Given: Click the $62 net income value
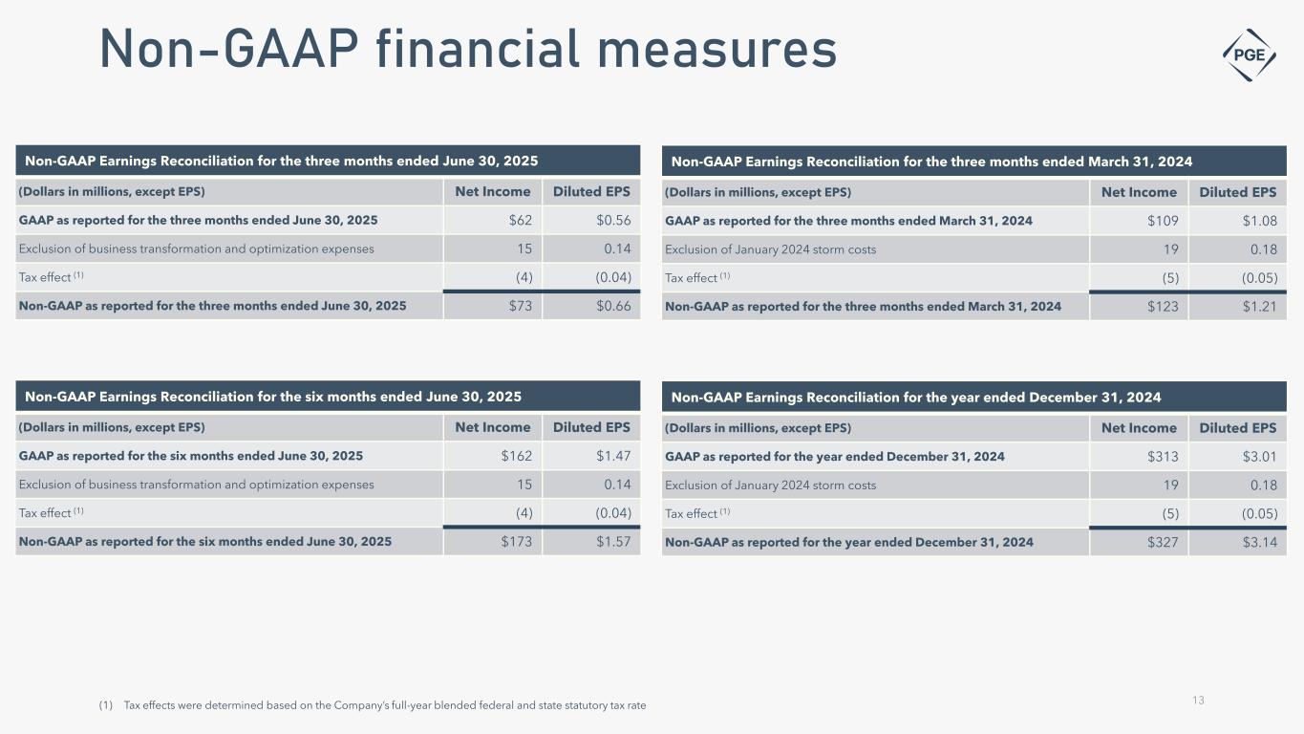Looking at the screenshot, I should pos(521,221).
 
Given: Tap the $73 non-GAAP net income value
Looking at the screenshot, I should pos(521,307).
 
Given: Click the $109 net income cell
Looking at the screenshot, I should pos(1163,221).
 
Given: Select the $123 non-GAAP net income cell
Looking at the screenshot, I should pos(1163,307).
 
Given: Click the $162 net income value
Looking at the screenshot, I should pos(517,456).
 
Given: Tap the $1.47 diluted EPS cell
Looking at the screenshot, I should pos(613,456).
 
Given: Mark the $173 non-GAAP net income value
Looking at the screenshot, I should pos(517,542).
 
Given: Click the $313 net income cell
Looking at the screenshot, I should pos(1163,456).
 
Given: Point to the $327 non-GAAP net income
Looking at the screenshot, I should pos(1163,542).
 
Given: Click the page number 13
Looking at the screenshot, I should pos(1198,701).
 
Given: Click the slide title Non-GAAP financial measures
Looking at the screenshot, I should pos(468,50).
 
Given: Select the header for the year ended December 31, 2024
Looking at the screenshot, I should pos(916,397).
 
